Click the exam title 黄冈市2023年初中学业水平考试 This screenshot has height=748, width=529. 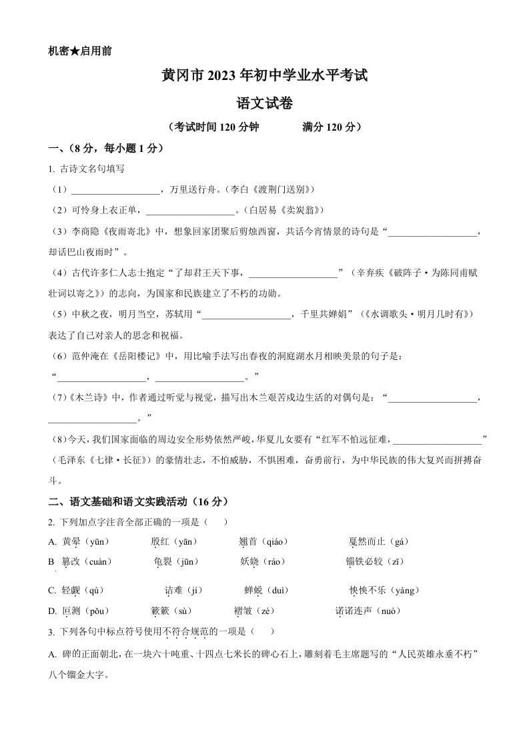tap(264, 77)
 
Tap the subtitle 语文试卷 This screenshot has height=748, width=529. tap(264, 103)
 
